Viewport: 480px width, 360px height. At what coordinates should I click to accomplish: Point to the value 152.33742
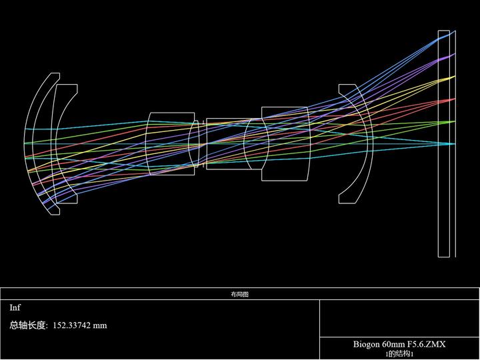pyautogui.click(x=71, y=325)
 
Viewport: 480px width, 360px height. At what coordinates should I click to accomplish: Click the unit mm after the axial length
pyautogui.click(x=100, y=326)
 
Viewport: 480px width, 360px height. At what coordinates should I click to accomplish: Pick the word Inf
pyautogui.click(x=15, y=307)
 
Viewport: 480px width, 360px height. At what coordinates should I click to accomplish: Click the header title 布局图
pyautogui.click(x=240, y=295)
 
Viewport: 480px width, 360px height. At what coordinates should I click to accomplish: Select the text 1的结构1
pyautogui.click(x=399, y=354)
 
